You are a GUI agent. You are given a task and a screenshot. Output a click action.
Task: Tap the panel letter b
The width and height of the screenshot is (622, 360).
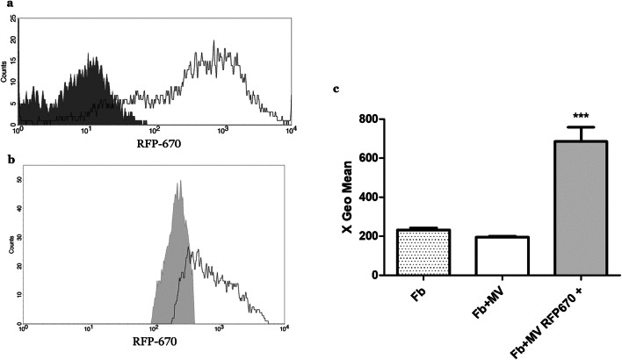coord(10,160)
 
